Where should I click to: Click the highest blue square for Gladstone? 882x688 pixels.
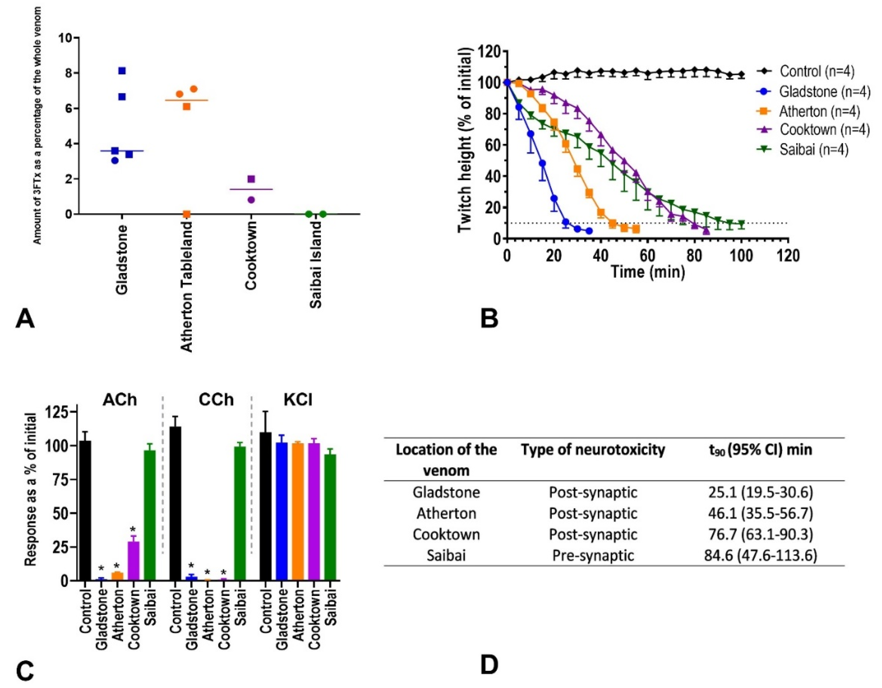(122, 71)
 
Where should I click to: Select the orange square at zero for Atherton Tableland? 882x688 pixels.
(187, 214)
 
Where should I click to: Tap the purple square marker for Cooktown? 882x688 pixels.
(251, 179)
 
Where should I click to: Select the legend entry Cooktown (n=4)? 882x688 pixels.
(824, 130)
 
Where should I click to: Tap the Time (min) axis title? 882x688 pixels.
(647, 272)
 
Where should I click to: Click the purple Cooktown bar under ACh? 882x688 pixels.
(134, 561)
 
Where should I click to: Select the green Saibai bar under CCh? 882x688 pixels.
(240, 513)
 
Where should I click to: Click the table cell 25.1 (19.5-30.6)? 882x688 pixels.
(760, 492)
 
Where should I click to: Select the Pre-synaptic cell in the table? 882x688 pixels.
(593, 556)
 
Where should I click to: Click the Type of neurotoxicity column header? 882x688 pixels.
(593, 450)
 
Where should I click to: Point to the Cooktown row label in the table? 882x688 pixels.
(446, 534)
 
